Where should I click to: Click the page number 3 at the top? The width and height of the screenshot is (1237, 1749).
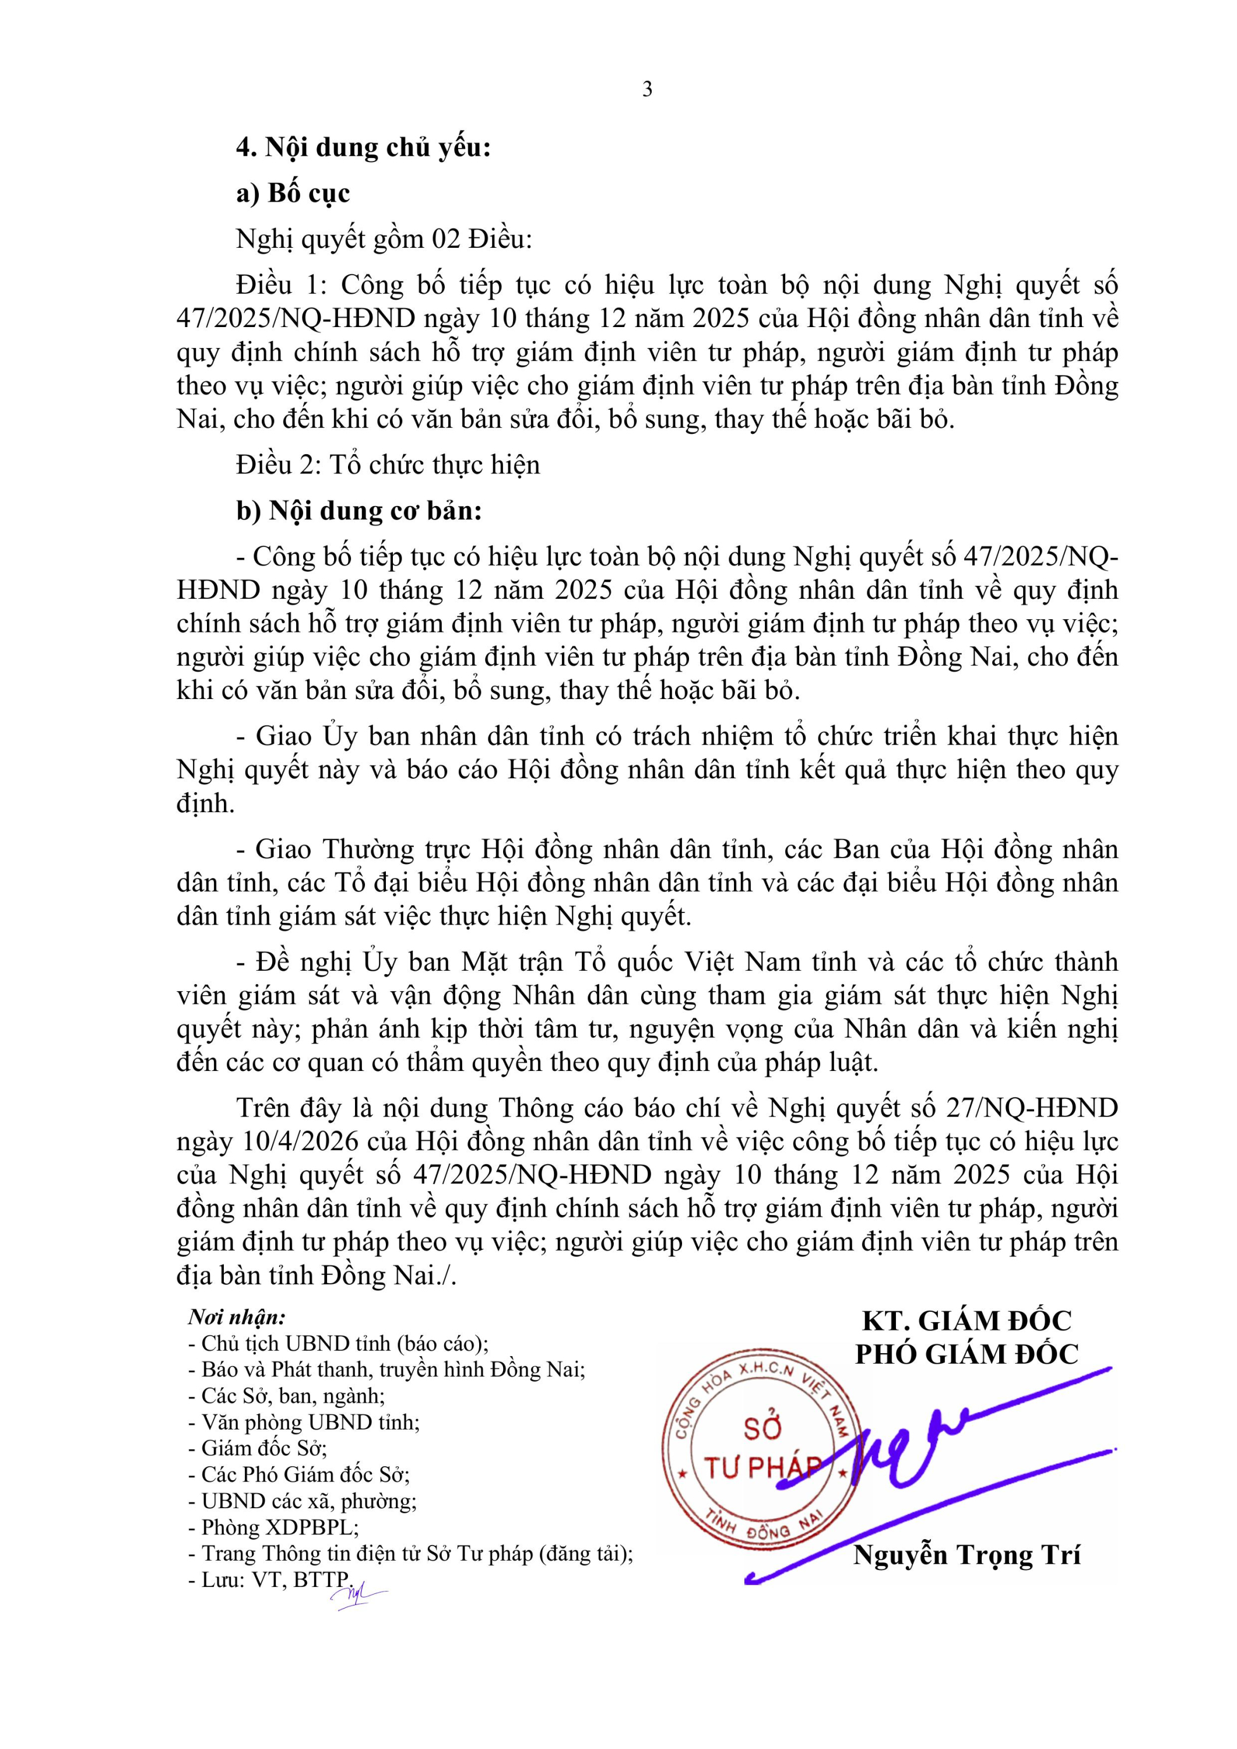646,90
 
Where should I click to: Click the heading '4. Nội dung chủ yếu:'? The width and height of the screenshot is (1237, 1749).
363,147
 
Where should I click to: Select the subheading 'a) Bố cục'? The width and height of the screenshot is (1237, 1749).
293,193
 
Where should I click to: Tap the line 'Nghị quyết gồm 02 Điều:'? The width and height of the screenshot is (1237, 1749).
384,239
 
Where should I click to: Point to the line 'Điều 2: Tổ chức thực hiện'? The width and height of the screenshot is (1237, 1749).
388,465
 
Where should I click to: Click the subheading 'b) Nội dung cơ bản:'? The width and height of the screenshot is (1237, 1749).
359,510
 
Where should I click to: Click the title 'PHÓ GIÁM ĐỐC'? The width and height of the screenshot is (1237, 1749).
967,1354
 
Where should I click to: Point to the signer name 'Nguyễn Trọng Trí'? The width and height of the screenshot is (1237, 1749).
967,1555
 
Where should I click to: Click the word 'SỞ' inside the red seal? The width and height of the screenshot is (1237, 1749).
762,1428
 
